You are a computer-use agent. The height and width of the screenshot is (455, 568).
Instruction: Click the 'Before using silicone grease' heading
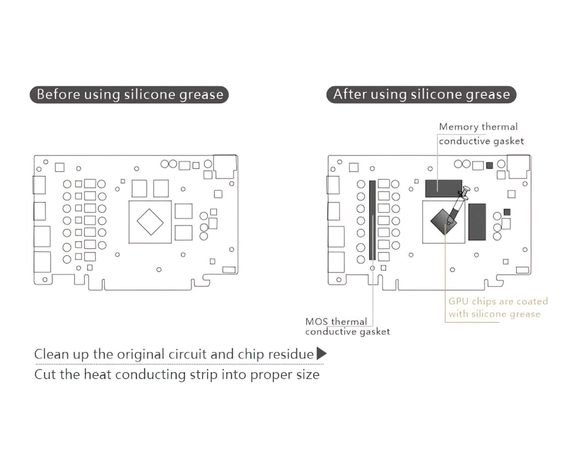point(129,95)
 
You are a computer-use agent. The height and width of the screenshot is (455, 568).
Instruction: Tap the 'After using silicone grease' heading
point(421,95)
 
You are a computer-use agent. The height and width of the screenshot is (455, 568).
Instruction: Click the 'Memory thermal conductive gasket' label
point(481,134)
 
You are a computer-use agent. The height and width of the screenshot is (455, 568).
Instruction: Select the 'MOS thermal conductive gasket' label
point(347,327)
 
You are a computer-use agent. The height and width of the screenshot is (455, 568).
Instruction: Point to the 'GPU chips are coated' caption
point(498,301)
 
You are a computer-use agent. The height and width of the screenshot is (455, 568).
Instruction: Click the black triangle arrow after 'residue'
point(321,354)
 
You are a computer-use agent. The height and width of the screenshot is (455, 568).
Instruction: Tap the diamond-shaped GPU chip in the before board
point(150,222)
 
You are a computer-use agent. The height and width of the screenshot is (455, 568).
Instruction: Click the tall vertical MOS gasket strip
point(372,220)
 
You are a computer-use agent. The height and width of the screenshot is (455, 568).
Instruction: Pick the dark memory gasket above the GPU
point(443,188)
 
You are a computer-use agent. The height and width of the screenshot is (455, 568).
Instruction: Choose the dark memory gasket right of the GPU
point(477,222)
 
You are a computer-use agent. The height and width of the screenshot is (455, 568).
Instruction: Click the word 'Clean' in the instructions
point(51,354)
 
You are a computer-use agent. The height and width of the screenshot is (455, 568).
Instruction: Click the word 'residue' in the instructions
point(291,354)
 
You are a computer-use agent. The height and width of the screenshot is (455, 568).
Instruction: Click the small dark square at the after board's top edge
point(490,165)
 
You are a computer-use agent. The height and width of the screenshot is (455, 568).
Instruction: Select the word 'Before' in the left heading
point(58,95)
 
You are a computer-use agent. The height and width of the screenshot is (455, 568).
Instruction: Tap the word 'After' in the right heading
point(350,95)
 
